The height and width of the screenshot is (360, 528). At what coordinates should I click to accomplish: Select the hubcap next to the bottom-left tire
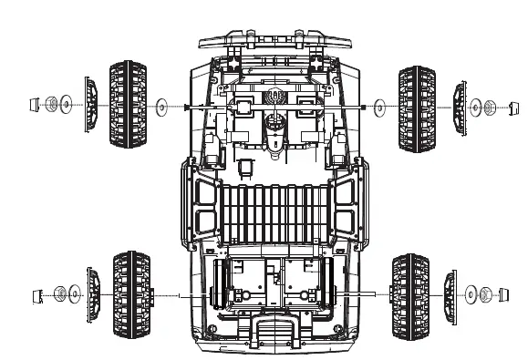click(93, 293)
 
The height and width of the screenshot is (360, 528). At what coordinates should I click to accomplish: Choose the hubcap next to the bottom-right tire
click(448, 295)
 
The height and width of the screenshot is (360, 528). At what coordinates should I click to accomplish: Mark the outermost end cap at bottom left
click(37, 293)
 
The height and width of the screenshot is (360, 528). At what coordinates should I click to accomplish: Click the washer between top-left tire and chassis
click(161, 107)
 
